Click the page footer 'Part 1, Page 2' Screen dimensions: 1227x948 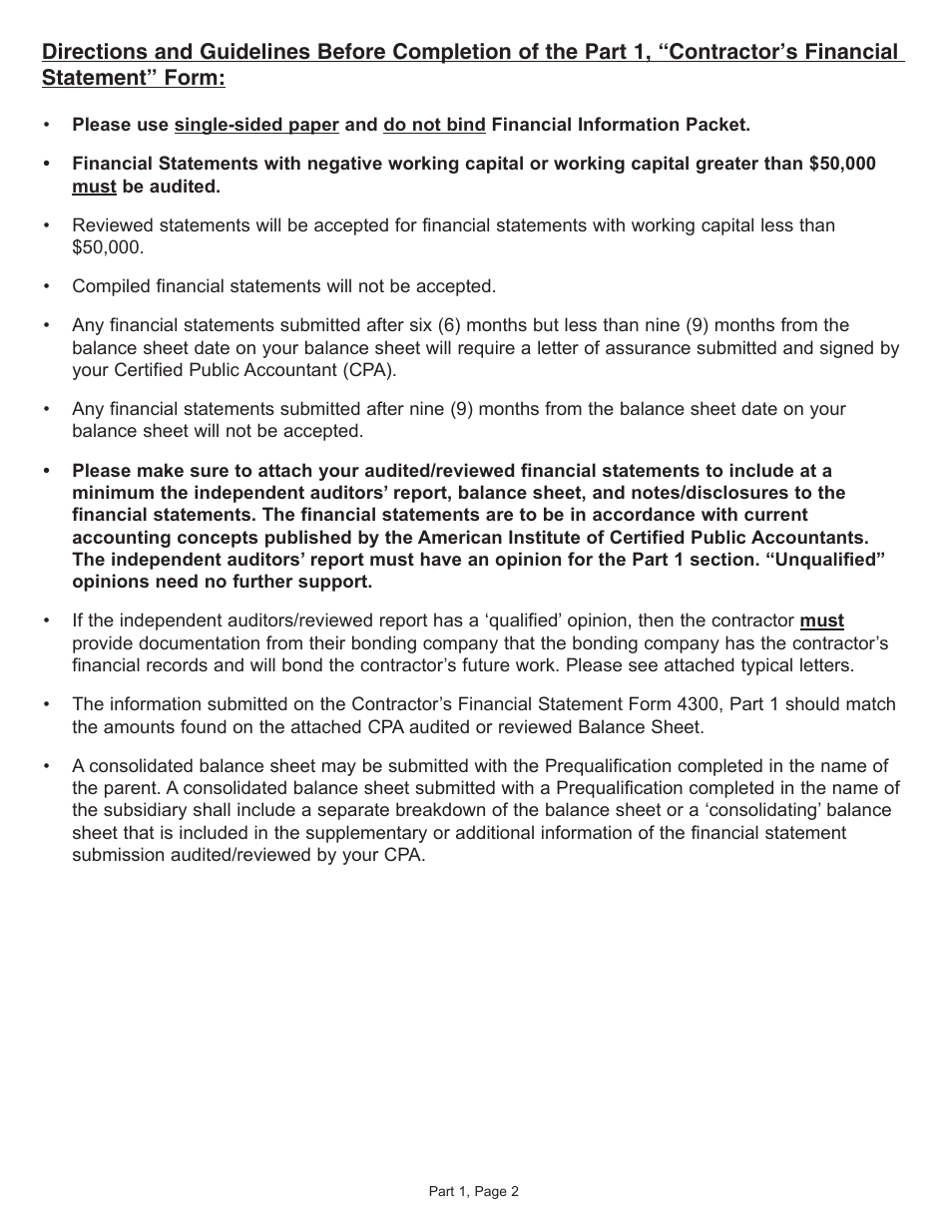[x=473, y=1190]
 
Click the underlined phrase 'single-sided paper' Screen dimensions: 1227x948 [x=256, y=125]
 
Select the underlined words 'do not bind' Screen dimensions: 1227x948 [x=434, y=125]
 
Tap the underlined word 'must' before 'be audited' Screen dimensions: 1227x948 [x=94, y=187]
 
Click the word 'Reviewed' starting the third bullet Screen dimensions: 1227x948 [x=110, y=225]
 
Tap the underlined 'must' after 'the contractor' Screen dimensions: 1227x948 [x=821, y=620]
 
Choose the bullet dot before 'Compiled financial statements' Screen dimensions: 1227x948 [x=46, y=286]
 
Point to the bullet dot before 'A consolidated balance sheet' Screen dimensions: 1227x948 [x=46, y=766]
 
